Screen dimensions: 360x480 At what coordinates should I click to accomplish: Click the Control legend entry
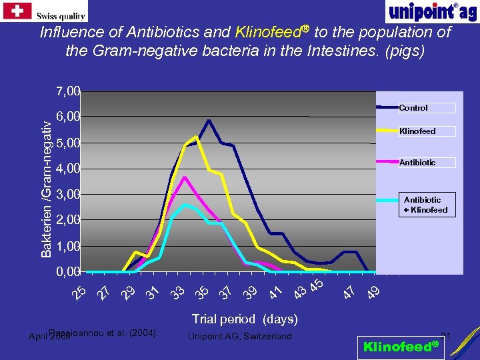pyautogui.click(x=413, y=107)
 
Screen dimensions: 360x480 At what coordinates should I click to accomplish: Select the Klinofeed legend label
pyautogui.click(x=417, y=131)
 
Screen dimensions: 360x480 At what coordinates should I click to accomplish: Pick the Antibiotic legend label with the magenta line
pyautogui.click(x=417, y=162)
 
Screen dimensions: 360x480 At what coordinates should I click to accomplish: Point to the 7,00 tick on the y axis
pyautogui.click(x=68, y=90)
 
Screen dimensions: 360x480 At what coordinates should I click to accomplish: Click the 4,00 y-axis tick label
pyautogui.click(x=68, y=168)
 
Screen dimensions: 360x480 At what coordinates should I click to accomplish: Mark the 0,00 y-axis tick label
pyautogui.click(x=68, y=271)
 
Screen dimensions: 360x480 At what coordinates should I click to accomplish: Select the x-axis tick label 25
pyautogui.click(x=79, y=291)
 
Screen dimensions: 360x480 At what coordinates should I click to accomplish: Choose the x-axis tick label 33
pyautogui.click(x=177, y=291)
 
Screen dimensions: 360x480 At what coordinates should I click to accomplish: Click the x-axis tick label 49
pyautogui.click(x=374, y=291)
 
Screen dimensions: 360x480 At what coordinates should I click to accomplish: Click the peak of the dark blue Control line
pyautogui.click(x=209, y=121)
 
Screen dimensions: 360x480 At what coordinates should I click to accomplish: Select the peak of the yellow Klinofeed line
pyautogui.click(x=196, y=137)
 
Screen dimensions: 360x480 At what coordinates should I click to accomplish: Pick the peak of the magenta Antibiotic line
pyautogui.click(x=184, y=177)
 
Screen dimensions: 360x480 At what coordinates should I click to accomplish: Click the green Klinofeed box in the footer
pyautogui.click(x=401, y=346)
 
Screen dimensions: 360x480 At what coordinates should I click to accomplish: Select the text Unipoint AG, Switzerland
pyautogui.click(x=241, y=336)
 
